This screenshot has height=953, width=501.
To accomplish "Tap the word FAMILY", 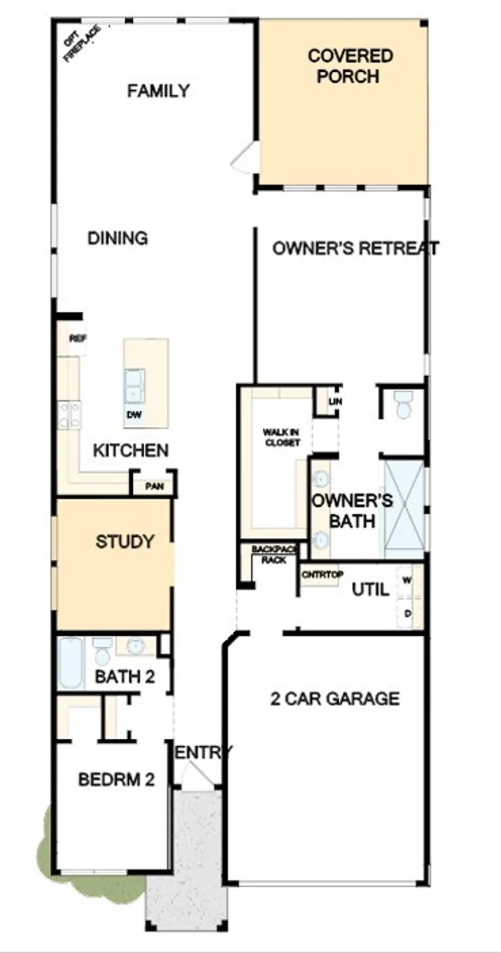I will [158, 91].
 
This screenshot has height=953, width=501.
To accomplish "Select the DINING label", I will [117, 238].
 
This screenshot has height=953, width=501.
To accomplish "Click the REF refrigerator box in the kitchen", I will [77, 339].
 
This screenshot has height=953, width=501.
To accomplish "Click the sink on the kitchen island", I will [134, 386].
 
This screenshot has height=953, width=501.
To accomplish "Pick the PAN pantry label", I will [154, 487].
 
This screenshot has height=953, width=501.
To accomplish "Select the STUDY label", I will [124, 542].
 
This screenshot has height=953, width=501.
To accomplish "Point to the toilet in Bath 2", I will [102, 651].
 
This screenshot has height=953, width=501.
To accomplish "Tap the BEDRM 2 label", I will [116, 780].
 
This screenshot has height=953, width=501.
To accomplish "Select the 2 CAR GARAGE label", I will [335, 699].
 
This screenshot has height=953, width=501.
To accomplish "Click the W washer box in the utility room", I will [408, 579].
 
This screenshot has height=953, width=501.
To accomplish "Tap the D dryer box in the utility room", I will [408, 612].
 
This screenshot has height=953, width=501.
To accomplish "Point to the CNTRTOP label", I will [322, 575].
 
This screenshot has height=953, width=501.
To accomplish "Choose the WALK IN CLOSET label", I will [282, 437].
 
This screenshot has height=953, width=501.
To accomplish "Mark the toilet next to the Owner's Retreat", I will [403, 404].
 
